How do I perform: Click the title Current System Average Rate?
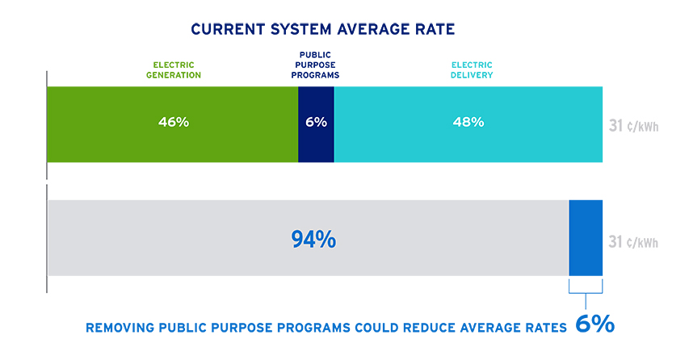[322, 30]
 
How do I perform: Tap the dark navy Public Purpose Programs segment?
[316, 141]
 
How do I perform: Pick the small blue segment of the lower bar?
[586, 238]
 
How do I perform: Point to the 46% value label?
[173, 123]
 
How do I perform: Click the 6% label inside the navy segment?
[316, 123]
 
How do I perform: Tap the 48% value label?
[468, 123]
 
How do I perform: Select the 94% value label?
[313, 239]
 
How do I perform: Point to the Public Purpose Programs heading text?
[316, 65]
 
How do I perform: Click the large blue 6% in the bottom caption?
[594, 325]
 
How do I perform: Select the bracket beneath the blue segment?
[586, 289]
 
